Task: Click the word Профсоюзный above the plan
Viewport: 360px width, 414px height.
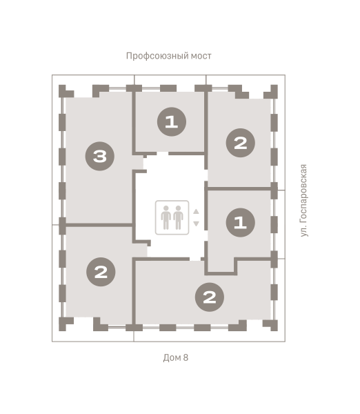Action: tap(157, 57)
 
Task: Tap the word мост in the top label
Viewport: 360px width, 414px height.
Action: tap(201, 56)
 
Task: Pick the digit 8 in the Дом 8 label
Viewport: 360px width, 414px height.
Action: tap(186, 357)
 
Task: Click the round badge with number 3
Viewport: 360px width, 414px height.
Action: tap(100, 157)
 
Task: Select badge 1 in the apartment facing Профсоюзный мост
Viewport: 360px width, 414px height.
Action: tap(172, 121)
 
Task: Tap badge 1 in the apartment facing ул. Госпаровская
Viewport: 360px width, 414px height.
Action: tap(241, 222)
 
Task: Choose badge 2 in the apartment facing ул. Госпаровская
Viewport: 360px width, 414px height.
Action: tap(241, 143)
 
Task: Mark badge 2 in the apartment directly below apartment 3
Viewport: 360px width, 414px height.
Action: tap(101, 272)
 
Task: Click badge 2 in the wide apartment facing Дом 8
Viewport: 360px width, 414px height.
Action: tap(210, 297)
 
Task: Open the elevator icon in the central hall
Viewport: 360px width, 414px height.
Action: tap(172, 217)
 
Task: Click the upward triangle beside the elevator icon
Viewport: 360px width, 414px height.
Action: tap(196, 212)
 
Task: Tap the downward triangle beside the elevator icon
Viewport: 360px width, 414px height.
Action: tap(196, 224)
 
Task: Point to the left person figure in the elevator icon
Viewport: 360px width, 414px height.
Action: tap(166, 217)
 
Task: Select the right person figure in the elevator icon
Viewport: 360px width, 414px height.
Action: tap(178, 217)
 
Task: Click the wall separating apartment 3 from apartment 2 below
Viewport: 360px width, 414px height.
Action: tap(99, 225)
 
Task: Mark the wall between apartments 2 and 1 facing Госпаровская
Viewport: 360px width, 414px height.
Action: tap(239, 188)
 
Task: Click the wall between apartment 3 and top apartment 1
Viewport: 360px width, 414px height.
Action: tap(134, 122)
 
